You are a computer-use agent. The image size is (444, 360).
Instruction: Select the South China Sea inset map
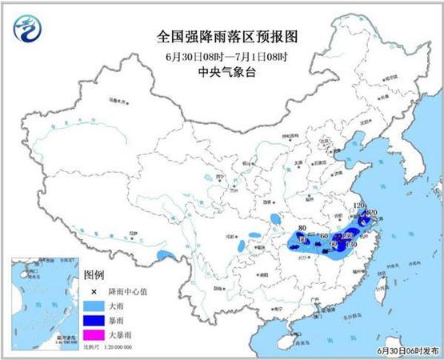click(x=45, y=305)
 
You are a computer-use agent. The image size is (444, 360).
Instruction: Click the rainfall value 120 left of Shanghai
click(x=358, y=206)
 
